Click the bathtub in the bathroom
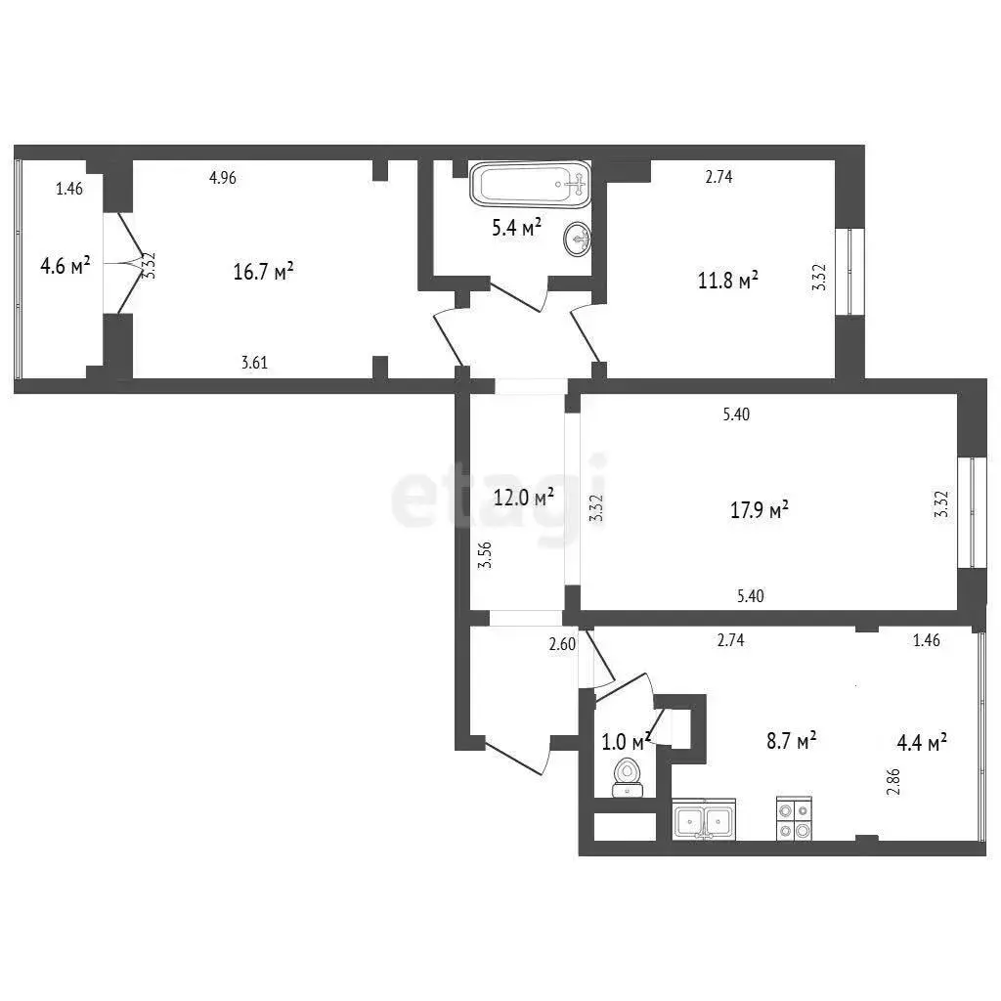pyautogui.click(x=530, y=184)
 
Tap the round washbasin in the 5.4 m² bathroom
pyautogui.click(x=577, y=239)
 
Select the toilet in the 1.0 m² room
pyautogui.click(x=627, y=777)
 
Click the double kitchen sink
pyautogui.click(x=704, y=819)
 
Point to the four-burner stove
pyautogui.click(x=794, y=819)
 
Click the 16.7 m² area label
pyautogui.click(x=263, y=272)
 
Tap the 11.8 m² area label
pyautogui.click(x=727, y=281)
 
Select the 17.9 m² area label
pyautogui.click(x=759, y=510)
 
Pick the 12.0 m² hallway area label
pyautogui.click(x=524, y=497)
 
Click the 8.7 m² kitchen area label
pyautogui.click(x=792, y=741)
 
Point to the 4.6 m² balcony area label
pyautogui.click(x=65, y=266)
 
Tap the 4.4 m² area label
pyautogui.click(x=921, y=743)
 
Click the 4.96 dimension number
pyautogui.click(x=223, y=178)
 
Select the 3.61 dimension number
pyautogui.click(x=254, y=363)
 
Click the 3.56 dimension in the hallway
pyautogui.click(x=485, y=555)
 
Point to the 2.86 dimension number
pyautogui.click(x=893, y=781)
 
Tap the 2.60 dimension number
pyautogui.click(x=562, y=644)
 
